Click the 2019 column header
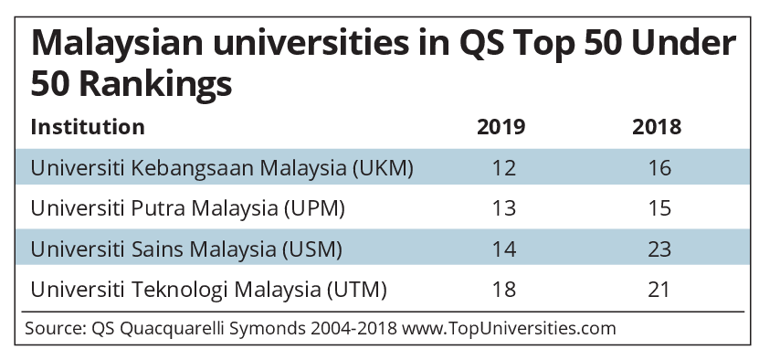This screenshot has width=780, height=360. (501, 127)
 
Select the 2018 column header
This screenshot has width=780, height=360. (657, 127)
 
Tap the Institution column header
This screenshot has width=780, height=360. (88, 127)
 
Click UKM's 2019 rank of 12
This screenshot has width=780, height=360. (503, 168)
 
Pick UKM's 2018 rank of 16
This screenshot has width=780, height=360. (659, 168)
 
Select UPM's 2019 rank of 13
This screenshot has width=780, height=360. (503, 208)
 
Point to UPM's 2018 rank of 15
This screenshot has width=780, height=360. (659, 208)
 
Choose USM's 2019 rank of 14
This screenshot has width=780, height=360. (503, 249)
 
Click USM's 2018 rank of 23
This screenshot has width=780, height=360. (659, 249)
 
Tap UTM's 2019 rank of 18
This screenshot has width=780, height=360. (503, 290)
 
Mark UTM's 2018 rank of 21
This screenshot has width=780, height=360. (659, 290)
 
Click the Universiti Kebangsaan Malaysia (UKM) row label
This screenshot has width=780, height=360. (222, 168)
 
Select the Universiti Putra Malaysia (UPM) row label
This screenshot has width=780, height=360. (187, 208)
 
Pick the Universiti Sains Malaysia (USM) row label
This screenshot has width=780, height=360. (186, 249)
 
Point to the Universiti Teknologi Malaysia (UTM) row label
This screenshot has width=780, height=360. (208, 290)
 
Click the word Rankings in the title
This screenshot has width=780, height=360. (155, 84)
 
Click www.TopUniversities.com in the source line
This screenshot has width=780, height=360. (509, 329)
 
